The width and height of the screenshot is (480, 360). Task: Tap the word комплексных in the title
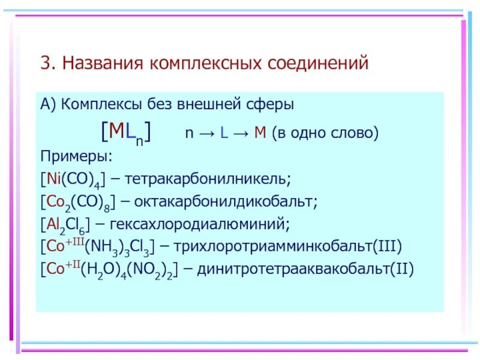(x=192, y=63)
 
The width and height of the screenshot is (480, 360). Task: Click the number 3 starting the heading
(x=44, y=63)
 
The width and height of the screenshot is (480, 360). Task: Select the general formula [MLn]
(x=125, y=131)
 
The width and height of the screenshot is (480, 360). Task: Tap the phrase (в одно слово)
(x=325, y=132)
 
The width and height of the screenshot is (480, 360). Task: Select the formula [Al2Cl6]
(x=65, y=224)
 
